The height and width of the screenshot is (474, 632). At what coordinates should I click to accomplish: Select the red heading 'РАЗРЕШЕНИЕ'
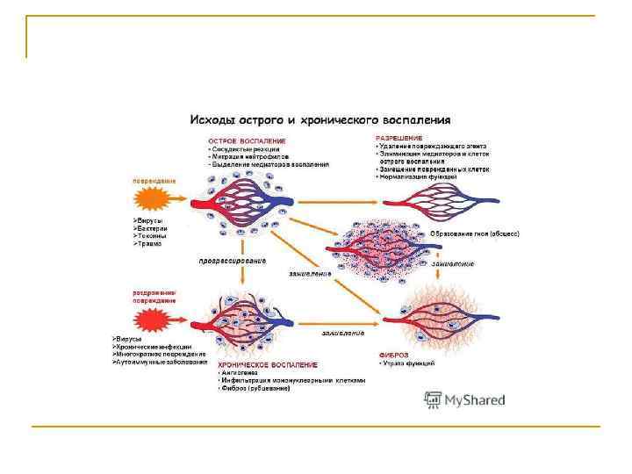click(399, 138)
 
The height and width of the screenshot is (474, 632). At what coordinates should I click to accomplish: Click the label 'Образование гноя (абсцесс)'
click(475, 234)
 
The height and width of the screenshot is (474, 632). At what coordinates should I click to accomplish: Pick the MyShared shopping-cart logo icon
click(432, 400)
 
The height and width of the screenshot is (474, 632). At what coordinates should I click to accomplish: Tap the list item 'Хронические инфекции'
click(158, 346)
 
